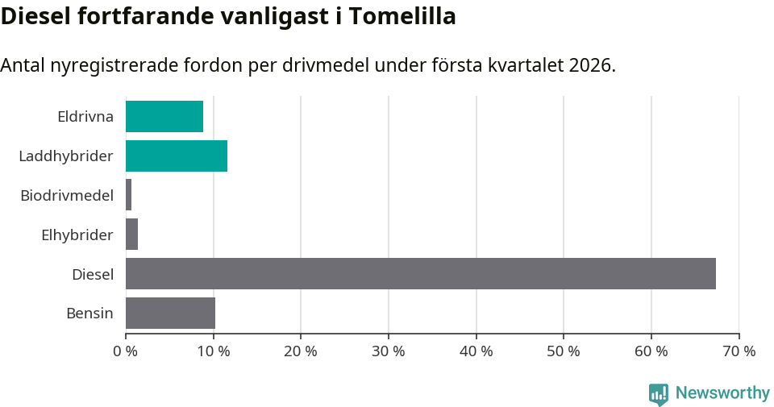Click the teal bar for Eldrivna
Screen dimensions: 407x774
pyautogui.click(x=164, y=116)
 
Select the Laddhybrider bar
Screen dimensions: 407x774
pyautogui.click(x=177, y=156)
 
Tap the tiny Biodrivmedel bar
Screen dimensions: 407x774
pyautogui.click(x=129, y=195)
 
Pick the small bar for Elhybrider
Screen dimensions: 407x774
pyautogui.click(x=132, y=235)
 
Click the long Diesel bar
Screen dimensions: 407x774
pyautogui.click(x=421, y=274)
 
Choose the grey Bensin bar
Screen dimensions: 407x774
pyautogui.click(x=171, y=313)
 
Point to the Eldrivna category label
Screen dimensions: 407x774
pyautogui.click(x=85, y=116)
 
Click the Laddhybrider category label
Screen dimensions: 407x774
pyautogui.click(x=66, y=156)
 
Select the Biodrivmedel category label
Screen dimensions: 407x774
pyautogui.click(x=67, y=195)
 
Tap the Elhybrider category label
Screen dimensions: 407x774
pyautogui.click(x=77, y=235)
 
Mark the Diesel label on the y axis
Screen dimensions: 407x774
pyautogui.click(x=93, y=274)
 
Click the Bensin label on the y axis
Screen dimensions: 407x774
pyautogui.click(x=89, y=313)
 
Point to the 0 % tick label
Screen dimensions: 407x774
pyautogui.click(x=126, y=351)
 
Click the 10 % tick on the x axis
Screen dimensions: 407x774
pyautogui.click(x=213, y=351)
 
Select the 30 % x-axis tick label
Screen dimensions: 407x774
pyautogui.click(x=389, y=351)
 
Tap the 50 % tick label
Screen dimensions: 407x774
pyautogui.click(x=564, y=351)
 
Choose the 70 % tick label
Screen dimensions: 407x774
pyautogui.click(x=739, y=351)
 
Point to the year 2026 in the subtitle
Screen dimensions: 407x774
pyautogui.click(x=589, y=65)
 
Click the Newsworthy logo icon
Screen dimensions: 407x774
pyautogui.click(x=659, y=394)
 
